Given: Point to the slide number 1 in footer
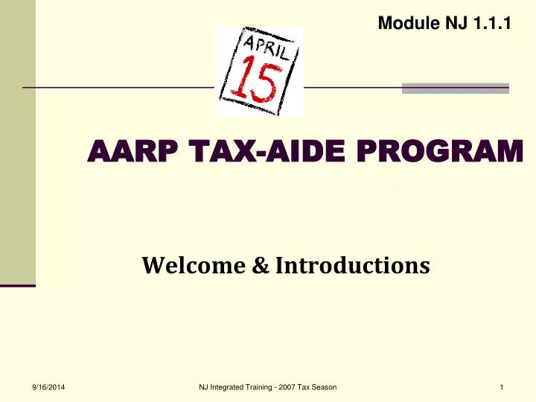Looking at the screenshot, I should point(503,386).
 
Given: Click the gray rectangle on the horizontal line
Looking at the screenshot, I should point(455,88).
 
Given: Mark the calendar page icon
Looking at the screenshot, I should point(259,71).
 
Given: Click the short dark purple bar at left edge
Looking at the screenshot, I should point(17,285).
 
